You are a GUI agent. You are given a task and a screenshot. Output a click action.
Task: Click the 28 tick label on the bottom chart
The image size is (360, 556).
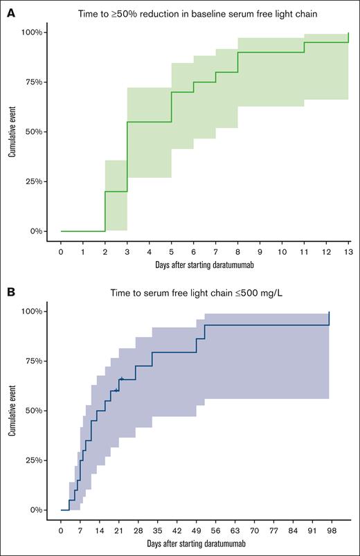click(x=138, y=530)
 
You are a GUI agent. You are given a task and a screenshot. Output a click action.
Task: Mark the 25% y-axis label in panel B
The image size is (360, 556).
click(x=35, y=460)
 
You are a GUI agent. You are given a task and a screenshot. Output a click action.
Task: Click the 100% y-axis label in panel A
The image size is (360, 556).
click(x=34, y=33)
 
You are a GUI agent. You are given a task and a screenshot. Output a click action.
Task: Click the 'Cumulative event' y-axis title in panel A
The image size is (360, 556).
click(x=12, y=132)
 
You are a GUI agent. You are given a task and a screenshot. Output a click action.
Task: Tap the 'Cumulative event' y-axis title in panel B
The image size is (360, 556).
click(x=12, y=411)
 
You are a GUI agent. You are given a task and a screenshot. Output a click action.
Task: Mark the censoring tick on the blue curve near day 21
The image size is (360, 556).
click(x=120, y=379)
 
